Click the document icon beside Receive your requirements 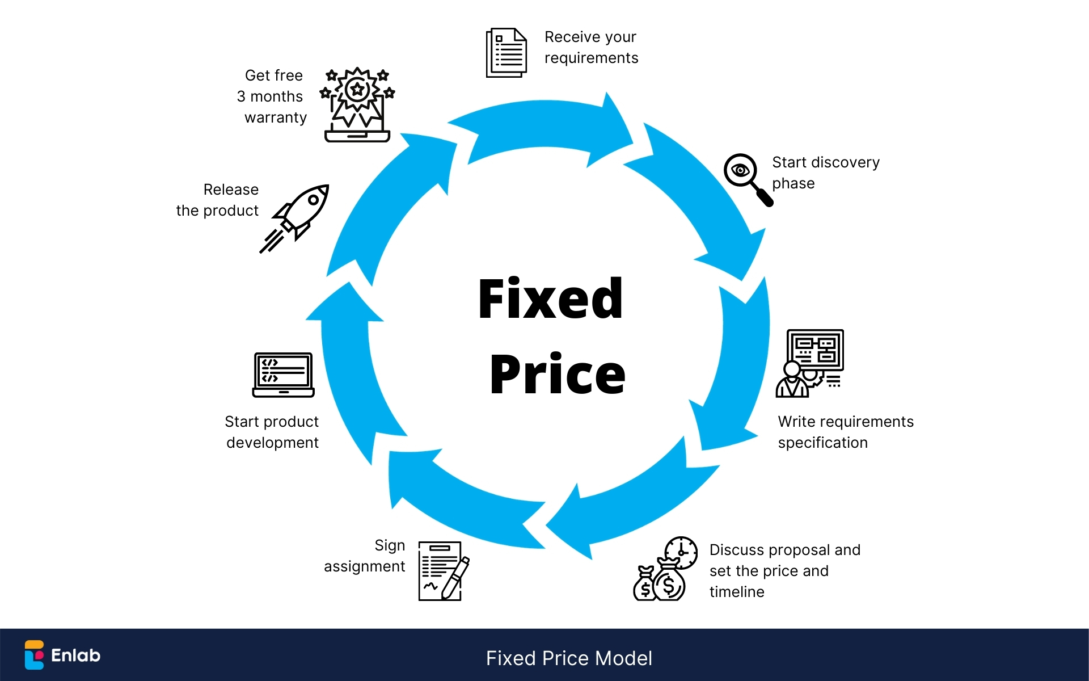(x=506, y=53)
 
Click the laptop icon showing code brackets (x=283, y=375)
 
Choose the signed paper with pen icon (x=443, y=571)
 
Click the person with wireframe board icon (x=809, y=363)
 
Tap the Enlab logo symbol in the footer (x=34, y=655)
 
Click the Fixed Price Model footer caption (x=569, y=658)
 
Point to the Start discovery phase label (x=825, y=173)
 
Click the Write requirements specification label (x=845, y=432)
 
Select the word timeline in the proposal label (x=737, y=592)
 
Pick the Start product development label (x=272, y=432)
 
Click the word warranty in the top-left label (x=276, y=117)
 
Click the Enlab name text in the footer (x=75, y=655)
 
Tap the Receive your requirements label (x=591, y=47)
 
